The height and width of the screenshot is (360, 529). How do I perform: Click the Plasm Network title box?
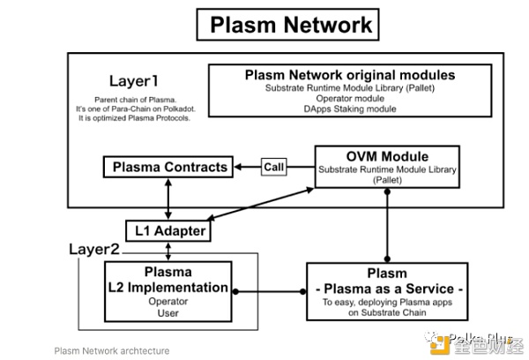click(290, 24)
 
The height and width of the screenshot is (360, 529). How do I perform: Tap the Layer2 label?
click(95, 250)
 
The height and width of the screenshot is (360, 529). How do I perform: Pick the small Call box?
click(274, 167)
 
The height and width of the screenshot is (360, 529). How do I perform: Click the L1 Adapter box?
click(170, 231)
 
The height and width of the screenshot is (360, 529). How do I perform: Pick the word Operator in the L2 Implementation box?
click(168, 302)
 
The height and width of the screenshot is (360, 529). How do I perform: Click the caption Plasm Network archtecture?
click(112, 350)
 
